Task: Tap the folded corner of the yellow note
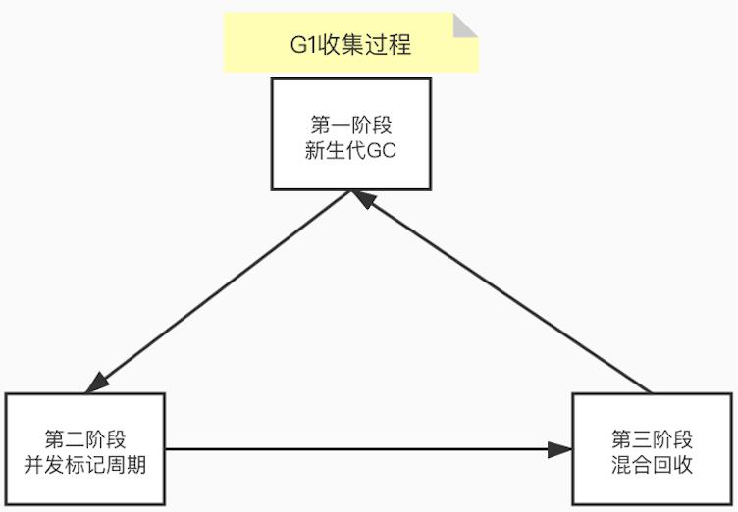point(465,26)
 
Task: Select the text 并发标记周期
point(84,464)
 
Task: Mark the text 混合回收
point(652,464)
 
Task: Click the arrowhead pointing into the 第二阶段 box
point(97,384)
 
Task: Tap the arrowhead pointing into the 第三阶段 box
point(560,450)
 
